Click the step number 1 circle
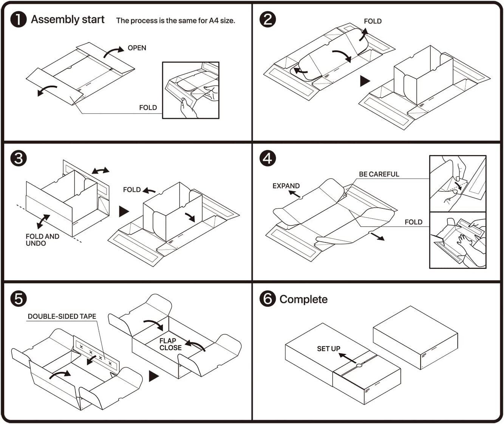pos(18,19)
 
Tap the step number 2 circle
pos(268,19)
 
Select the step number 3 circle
pos(18,158)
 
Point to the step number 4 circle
pos(268,158)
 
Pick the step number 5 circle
pos(18,298)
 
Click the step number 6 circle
pos(268,298)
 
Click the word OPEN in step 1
pos(137,48)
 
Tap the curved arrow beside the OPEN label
pos(113,52)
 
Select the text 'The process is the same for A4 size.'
pos(175,21)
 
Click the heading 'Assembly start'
pos(68,20)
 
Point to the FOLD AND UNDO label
pos(42,240)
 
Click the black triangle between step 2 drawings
pos(365,81)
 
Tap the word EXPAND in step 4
pos(286,186)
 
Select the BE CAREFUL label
pos(379,174)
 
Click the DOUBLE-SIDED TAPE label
pos(62,317)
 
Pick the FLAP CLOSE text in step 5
pos(170,344)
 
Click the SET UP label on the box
pos(328,349)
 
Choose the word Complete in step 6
pos(303,299)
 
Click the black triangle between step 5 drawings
pos(153,376)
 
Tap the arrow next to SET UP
pos(347,357)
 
